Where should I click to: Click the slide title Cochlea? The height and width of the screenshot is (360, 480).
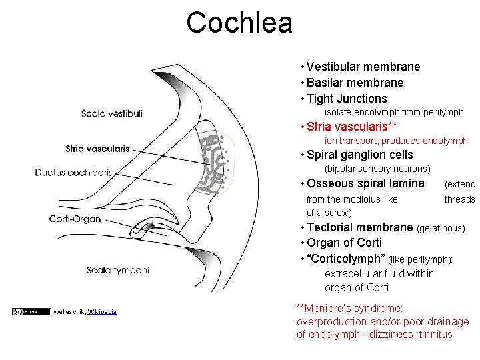tap(239, 23)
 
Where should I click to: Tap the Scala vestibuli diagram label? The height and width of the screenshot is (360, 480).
tap(111, 113)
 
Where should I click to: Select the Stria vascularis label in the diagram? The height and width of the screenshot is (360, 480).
tap(97, 148)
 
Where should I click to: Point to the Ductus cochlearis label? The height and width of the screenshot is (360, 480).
tap(73, 173)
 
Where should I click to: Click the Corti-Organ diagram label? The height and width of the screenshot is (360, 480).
tap(75, 219)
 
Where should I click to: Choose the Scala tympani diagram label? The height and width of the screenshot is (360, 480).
tap(117, 270)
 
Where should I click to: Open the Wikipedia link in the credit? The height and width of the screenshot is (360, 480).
tap(102, 311)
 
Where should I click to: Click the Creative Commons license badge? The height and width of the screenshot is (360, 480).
tap(31, 311)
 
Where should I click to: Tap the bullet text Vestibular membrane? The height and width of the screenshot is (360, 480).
tap(363, 67)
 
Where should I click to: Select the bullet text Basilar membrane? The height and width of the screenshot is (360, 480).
tap(355, 83)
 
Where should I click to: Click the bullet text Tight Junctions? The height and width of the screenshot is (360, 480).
tap(347, 99)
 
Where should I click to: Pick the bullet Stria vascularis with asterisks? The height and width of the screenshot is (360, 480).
tap(352, 127)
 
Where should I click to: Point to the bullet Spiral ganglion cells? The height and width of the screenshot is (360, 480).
tap(360, 155)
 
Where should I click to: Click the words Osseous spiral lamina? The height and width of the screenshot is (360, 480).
tap(365, 183)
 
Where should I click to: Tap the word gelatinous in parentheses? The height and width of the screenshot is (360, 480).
tap(441, 228)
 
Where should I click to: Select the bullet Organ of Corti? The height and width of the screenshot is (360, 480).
tap(345, 243)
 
